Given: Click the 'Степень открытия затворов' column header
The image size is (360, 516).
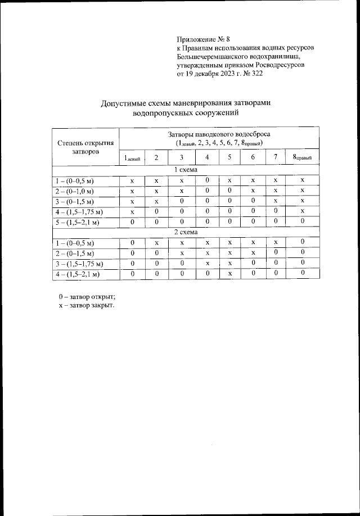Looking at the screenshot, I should tap(86, 147).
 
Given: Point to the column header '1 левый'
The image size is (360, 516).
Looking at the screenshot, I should tap(132, 157).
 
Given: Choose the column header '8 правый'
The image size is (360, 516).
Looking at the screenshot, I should tap(302, 157).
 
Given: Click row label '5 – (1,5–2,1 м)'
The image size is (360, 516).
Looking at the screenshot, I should tap(77, 221).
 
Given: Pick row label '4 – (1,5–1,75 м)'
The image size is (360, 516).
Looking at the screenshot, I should tap(79, 211).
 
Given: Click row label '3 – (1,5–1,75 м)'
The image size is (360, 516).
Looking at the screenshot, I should tap(79, 262).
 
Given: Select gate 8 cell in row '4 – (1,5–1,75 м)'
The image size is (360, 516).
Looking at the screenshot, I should tap(302, 211).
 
